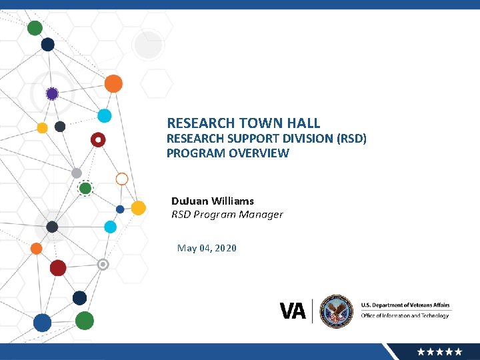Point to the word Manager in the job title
pyautogui.click(x=260, y=215)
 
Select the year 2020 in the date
pyautogui.click(x=225, y=248)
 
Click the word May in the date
pyautogui.click(x=186, y=248)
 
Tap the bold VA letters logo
pyautogui.click(x=293, y=311)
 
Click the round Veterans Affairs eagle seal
pyautogui.click(x=336, y=311)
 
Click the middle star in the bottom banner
pyautogui.click(x=440, y=351)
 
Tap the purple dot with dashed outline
pyautogui.click(x=52, y=94)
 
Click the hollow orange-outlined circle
pyautogui.click(x=122, y=179)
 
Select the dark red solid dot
pyautogui.click(x=58, y=268)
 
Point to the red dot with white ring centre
pyautogui.click(x=98, y=140)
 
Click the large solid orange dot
pyautogui.click(x=113, y=83)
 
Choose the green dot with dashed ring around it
pyautogui.click(x=85, y=189)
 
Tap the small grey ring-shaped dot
pyautogui.click(x=103, y=265)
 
